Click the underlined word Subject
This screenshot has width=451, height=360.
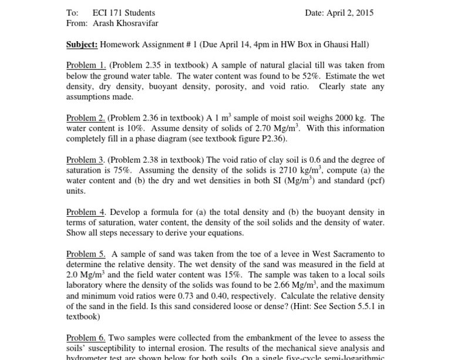(82, 44)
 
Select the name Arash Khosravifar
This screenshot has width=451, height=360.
(125, 23)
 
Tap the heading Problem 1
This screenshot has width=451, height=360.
(86, 65)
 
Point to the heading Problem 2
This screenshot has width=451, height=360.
(86, 117)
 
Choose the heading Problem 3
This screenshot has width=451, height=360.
(86, 160)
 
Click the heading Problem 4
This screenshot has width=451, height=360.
(86, 212)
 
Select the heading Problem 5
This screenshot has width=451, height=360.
(86, 254)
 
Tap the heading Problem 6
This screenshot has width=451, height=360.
(86, 338)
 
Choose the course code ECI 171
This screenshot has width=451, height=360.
(107, 13)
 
